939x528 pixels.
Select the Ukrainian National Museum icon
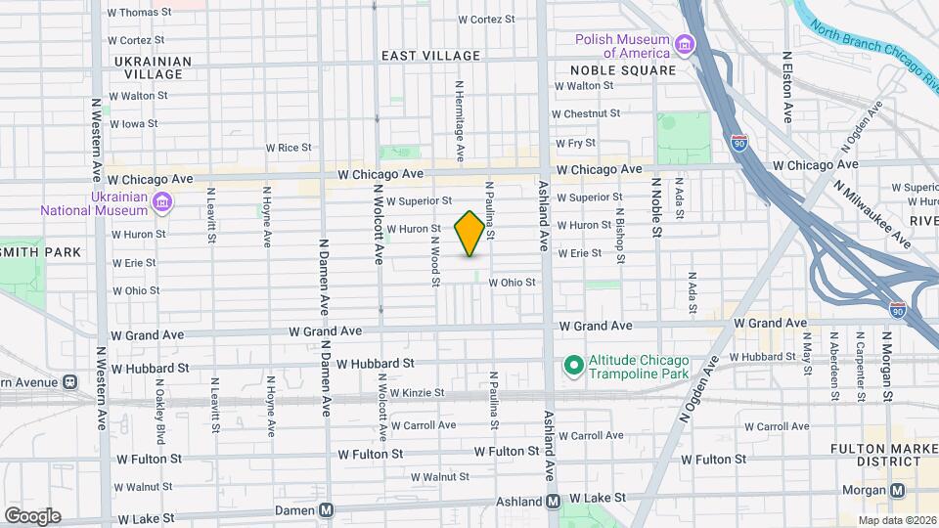tap(163, 202)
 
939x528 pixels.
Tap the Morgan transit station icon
tap(898, 490)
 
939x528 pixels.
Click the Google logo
tap(32, 515)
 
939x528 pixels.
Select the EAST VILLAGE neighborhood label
tap(430, 56)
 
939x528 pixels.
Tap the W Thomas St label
tap(139, 13)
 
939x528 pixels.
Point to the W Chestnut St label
tap(588, 113)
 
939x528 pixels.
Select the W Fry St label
tap(575, 143)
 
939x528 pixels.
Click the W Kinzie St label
tap(417, 393)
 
